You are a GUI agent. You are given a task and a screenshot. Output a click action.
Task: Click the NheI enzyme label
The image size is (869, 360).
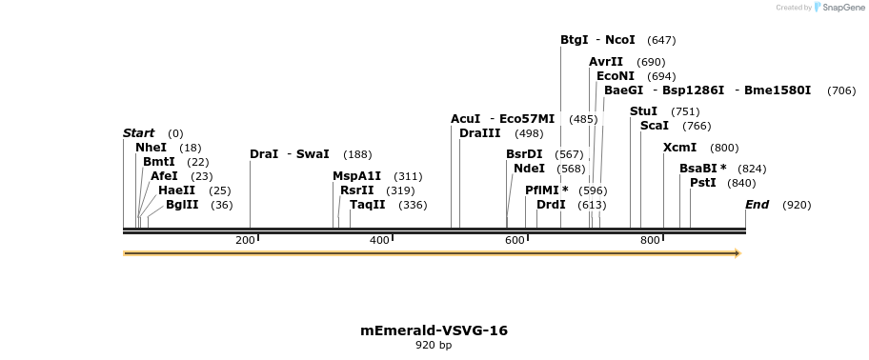(151, 148)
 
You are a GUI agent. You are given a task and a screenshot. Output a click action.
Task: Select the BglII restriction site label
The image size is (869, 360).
(182, 204)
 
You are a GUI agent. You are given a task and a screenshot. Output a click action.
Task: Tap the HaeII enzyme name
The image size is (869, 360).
(176, 190)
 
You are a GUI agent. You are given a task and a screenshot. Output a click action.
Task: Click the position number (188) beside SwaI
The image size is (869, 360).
(357, 154)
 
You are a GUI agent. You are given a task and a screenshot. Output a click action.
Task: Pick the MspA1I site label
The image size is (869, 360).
(356, 176)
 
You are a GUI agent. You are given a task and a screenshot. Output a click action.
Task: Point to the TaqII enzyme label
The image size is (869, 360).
(368, 204)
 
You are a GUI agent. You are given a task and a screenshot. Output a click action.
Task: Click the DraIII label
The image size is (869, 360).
(479, 133)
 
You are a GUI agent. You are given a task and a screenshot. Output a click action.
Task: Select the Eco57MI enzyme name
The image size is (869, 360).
(527, 119)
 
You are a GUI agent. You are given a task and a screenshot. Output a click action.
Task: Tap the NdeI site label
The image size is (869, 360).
(529, 169)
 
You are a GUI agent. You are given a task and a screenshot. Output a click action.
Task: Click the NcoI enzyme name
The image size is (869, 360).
(619, 40)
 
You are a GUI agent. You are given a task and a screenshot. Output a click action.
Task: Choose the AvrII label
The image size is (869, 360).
(606, 62)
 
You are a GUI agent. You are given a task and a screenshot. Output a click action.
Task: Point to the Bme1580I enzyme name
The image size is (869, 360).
(778, 90)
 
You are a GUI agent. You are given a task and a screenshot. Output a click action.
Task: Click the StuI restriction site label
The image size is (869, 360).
(643, 111)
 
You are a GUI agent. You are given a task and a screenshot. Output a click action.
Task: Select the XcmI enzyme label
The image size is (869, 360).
(679, 148)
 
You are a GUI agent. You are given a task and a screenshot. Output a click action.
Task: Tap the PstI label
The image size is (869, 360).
(702, 183)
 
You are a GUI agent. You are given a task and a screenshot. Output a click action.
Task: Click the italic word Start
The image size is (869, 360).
(138, 133)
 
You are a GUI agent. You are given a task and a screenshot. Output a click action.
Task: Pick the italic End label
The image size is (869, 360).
(757, 205)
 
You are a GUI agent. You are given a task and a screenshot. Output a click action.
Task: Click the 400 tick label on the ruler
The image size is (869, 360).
(378, 240)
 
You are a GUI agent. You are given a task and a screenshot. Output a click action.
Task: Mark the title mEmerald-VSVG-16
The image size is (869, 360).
(434, 330)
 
